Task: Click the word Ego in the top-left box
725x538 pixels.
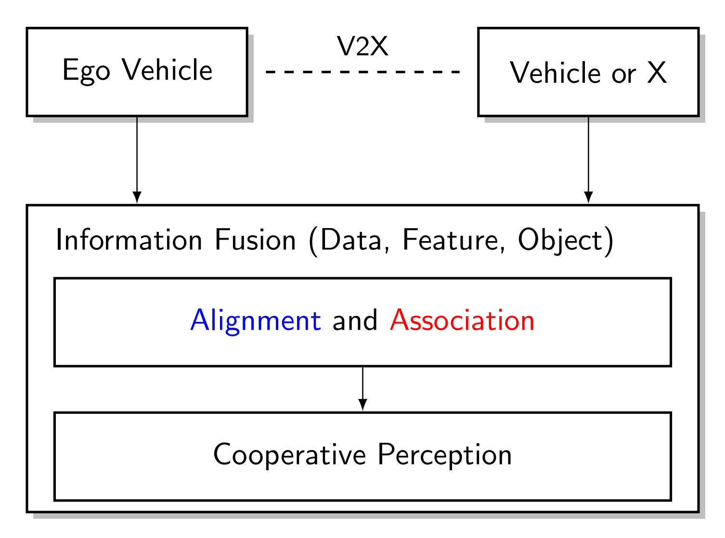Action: point(86,71)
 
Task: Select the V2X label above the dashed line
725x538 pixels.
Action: point(362,47)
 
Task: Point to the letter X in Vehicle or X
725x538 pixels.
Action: point(657,73)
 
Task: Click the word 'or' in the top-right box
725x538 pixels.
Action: point(623,75)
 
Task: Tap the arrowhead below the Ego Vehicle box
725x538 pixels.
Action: point(137,197)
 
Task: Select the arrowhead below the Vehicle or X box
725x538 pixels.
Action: point(588,197)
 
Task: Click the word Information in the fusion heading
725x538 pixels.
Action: point(129,240)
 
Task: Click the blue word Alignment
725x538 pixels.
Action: point(256,320)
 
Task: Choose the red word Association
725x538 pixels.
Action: point(462,320)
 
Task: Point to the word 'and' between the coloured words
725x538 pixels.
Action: point(355,320)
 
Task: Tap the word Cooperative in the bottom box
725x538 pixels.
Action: point(289,454)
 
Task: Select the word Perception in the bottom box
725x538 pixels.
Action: point(444,454)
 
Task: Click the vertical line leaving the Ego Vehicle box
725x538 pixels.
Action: point(137,154)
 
